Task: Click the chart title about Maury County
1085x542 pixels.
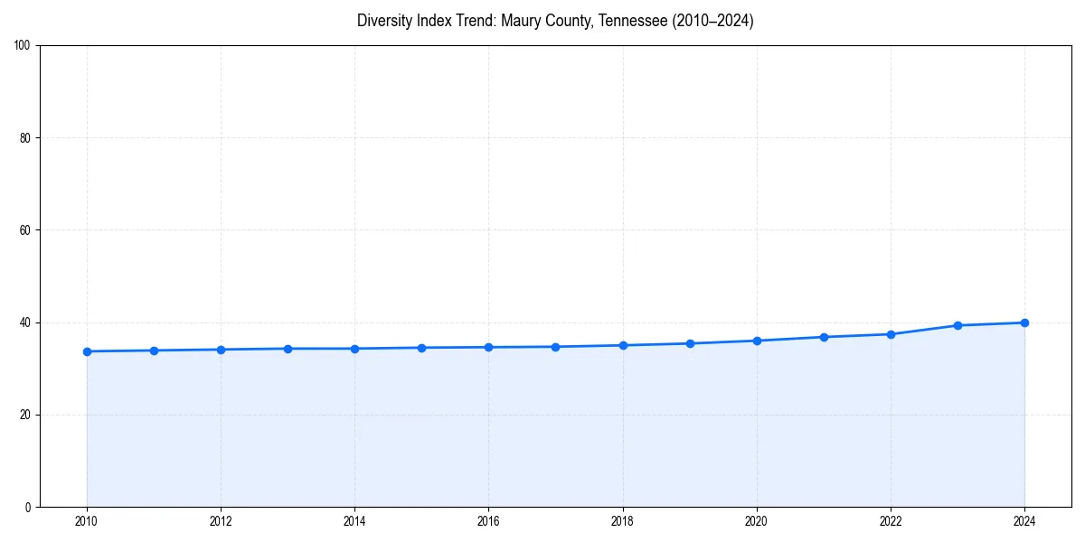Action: (555, 21)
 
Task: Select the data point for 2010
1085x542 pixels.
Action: (87, 351)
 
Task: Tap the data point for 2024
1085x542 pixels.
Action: (1024, 322)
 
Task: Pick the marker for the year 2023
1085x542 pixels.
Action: (958, 325)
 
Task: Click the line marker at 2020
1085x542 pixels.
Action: (757, 341)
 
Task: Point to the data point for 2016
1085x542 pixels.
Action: (488, 347)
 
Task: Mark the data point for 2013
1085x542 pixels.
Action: (288, 349)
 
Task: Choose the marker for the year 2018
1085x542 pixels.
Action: (622, 345)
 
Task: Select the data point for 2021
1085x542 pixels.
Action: (824, 337)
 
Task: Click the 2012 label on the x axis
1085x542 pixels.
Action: (221, 521)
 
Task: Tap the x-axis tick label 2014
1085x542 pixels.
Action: (354, 521)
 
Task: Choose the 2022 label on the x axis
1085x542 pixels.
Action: (891, 521)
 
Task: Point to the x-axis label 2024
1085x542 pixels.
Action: (1024, 521)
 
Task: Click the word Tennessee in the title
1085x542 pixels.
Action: (633, 21)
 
